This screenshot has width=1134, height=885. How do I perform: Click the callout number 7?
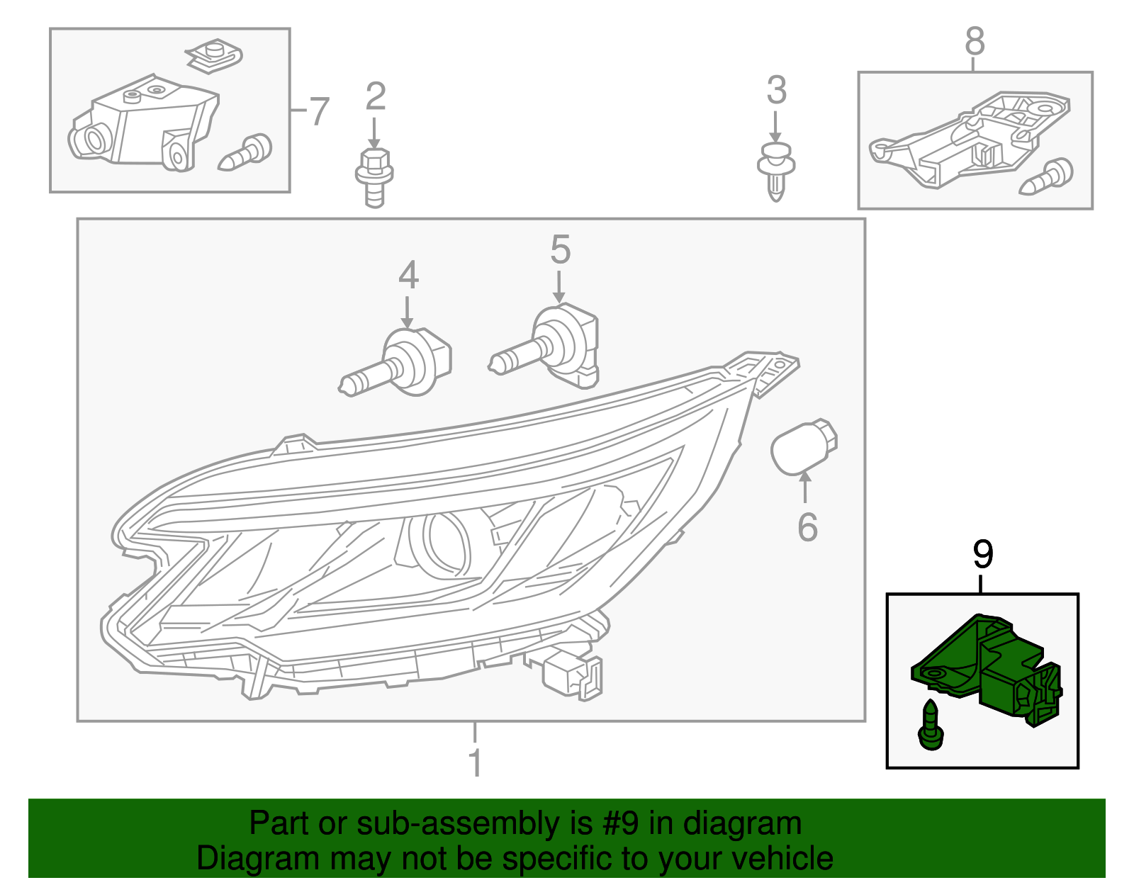point(320,112)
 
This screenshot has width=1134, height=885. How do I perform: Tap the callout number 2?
point(375,96)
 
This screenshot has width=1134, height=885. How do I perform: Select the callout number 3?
point(777,91)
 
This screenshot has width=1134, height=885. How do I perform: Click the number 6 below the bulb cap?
point(807,527)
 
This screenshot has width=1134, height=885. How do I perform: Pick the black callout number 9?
point(982,554)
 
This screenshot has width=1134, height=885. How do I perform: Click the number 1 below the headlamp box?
point(475,762)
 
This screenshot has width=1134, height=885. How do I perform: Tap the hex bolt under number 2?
point(374,176)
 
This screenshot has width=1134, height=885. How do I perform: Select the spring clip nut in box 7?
point(213,57)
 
